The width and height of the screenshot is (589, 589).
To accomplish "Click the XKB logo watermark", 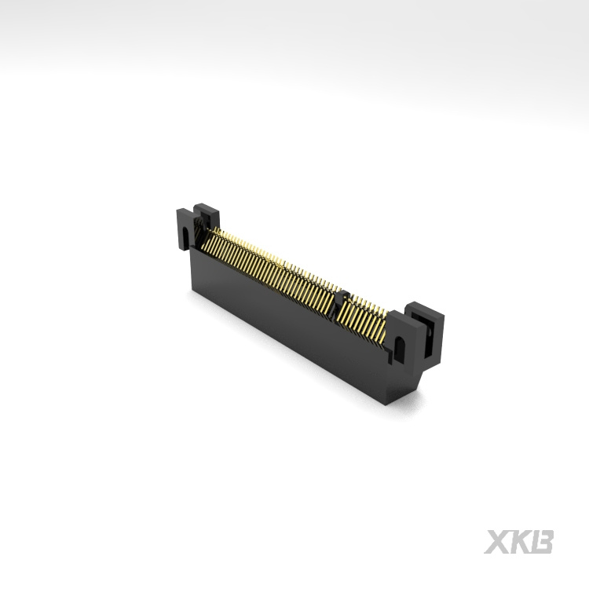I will [x=519, y=542].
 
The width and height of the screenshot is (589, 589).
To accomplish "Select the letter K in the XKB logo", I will [x=519, y=542].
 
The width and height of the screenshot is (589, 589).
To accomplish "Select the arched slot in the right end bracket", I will [x=398, y=348].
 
